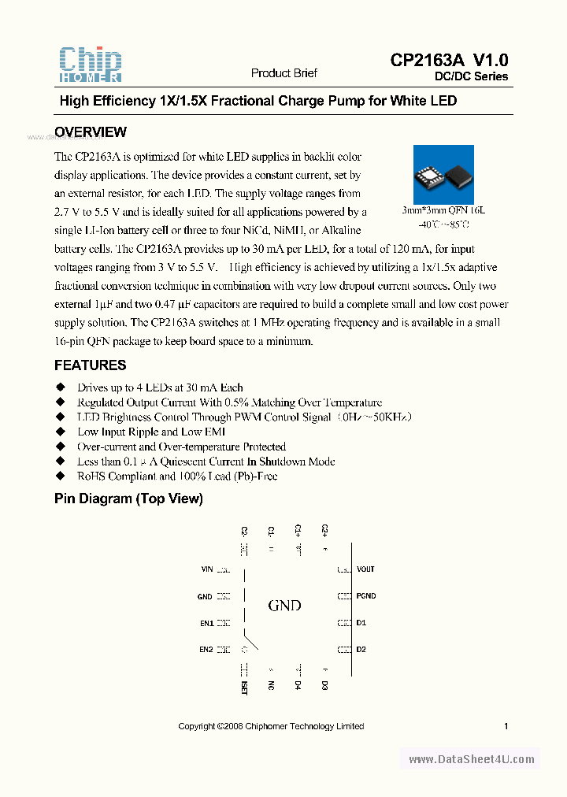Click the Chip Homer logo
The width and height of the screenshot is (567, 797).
[x=91, y=65]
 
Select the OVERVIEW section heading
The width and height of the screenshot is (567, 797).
[x=90, y=132]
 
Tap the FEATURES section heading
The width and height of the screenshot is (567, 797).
[x=90, y=365]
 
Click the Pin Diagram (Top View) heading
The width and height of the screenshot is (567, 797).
[x=128, y=499]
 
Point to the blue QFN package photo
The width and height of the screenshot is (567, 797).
[x=444, y=175]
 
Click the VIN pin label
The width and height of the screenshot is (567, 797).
[x=207, y=569]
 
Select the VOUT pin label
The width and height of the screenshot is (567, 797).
[x=365, y=569]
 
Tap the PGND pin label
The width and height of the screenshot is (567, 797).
[x=365, y=596]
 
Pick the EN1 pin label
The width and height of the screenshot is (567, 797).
[x=206, y=623]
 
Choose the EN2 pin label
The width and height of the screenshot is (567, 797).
[x=206, y=650]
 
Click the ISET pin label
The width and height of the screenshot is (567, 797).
[x=244, y=688]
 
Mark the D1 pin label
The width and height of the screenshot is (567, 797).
[x=361, y=623]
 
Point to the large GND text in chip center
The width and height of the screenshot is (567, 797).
[x=284, y=606]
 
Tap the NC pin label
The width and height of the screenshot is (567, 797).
[x=271, y=685]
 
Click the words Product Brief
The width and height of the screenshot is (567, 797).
[x=283, y=73]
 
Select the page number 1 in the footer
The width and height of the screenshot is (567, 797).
[x=506, y=726]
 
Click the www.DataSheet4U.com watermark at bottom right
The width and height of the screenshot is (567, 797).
[x=472, y=759]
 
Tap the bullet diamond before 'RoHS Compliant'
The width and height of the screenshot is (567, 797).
[x=59, y=476]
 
